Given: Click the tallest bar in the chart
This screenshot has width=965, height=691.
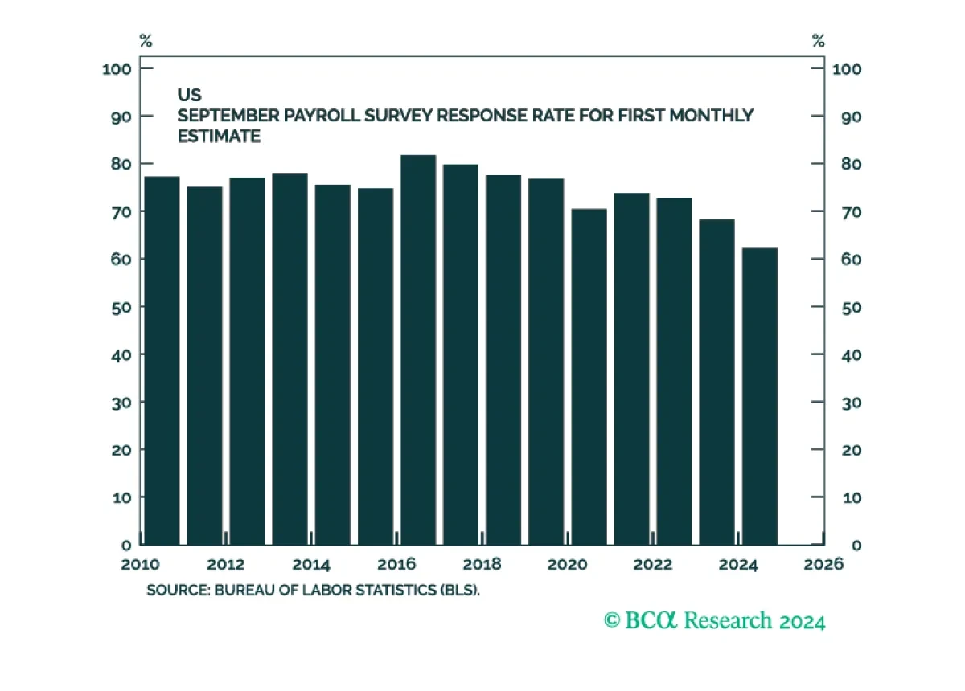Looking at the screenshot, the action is pos(418,350).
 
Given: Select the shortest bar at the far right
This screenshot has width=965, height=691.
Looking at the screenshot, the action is pos(760,396).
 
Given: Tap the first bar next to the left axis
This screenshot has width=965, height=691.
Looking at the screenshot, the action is pos(162,360).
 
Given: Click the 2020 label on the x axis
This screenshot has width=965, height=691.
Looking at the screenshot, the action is pos(568,564).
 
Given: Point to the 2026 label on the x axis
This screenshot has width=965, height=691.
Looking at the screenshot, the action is pos(823,564).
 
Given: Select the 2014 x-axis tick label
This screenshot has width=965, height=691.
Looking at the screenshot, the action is pos(311,564).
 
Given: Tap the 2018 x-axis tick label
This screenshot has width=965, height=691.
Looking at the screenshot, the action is pos(482,564).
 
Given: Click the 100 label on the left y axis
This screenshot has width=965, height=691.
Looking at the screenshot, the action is pos(117,69).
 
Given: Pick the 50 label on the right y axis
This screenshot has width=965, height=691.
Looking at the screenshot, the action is pos(852,308).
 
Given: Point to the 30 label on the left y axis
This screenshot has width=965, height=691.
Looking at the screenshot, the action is pos(121,403).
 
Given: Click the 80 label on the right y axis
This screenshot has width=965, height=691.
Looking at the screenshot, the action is pos(852,164).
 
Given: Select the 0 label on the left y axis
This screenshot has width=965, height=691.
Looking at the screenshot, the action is pos(126,546).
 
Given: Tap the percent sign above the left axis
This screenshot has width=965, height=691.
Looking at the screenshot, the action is pos(146,41).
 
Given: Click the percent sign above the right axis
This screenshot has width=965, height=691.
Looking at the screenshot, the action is pos(818,41).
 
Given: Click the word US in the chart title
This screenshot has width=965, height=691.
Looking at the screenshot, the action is pos(190,95).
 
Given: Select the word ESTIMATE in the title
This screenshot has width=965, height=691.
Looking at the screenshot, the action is pos(220,136).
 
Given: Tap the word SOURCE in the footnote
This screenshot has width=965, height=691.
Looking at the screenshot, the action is pos(178,590).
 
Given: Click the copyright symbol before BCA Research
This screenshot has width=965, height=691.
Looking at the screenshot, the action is pos(612,620).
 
